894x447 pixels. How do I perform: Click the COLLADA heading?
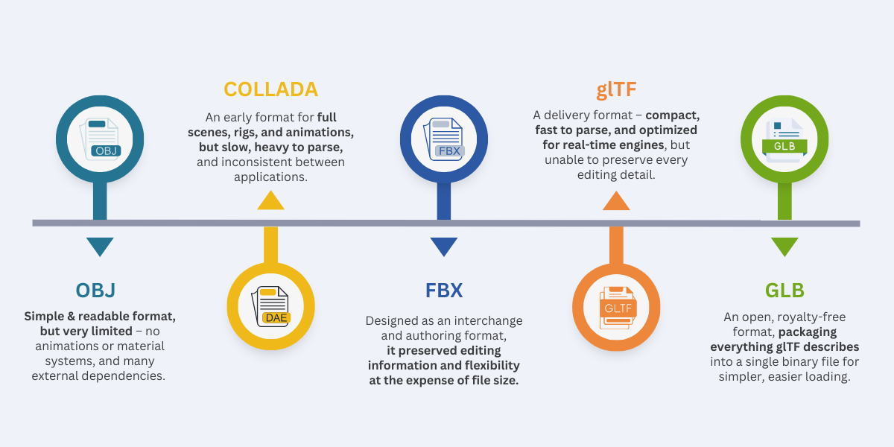point(270,89)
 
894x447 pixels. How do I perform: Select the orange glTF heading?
point(616,89)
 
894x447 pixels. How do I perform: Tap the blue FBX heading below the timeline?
point(444,290)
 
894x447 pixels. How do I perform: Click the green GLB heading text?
point(784,290)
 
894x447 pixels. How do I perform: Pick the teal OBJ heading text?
point(96,290)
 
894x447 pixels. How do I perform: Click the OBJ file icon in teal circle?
point(100,139)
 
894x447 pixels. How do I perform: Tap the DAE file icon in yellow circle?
point(271,306)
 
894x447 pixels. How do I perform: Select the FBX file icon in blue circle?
point(444,139)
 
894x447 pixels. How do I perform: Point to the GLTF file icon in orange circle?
point(617,308)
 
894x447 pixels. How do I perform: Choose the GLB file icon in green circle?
point(784,140)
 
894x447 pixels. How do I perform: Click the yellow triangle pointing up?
point(271,200)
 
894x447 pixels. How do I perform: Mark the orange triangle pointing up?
point(616,200)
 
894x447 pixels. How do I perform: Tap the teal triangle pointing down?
point(100,247)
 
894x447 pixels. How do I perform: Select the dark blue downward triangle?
point(444,247)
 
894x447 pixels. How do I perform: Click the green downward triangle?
point(784,247)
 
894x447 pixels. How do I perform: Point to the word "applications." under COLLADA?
point(270,177)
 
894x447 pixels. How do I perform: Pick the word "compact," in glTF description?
point(673,115)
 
